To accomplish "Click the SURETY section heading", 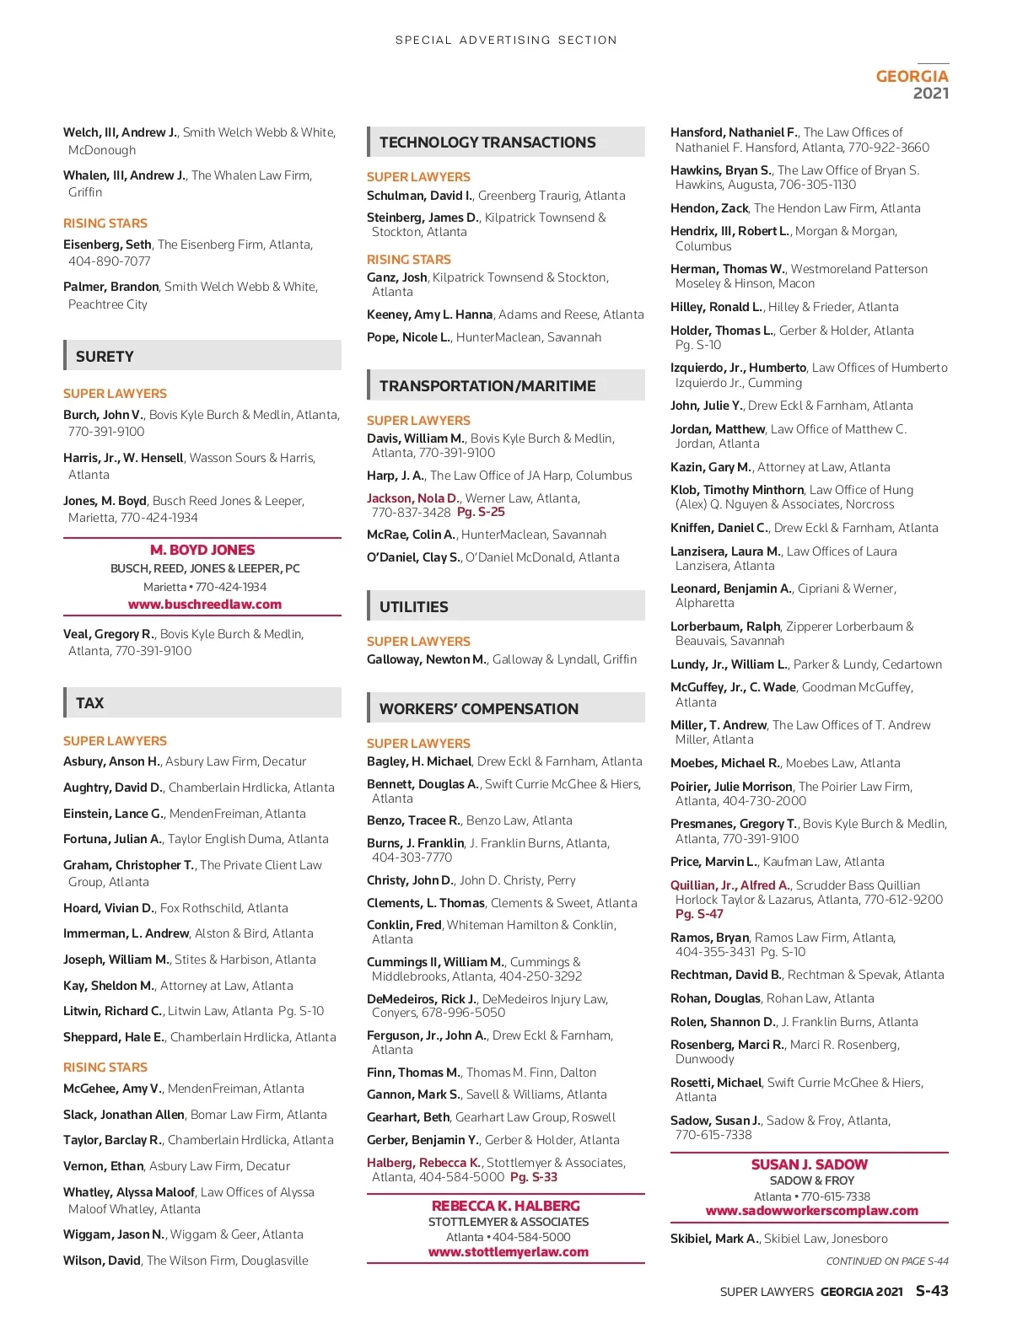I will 105,357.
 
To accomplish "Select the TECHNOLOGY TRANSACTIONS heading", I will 487,142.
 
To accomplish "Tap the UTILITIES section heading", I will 413,607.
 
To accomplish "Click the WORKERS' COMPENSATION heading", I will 478,709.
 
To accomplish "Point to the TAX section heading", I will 89,703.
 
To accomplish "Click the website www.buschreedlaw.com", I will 204,605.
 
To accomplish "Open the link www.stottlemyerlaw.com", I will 508,1252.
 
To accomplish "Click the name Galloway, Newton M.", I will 426,659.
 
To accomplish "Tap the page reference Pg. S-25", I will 481,512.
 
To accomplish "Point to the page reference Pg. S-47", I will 699,914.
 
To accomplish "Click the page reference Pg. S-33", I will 534,1177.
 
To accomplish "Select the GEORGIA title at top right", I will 912,76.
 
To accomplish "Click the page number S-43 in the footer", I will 932,1291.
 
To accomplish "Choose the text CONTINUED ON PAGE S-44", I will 887,1261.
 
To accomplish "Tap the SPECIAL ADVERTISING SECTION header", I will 506,40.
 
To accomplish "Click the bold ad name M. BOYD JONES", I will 202,550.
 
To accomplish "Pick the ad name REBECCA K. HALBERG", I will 506,1206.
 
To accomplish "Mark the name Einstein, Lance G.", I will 113,814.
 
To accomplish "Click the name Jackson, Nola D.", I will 412,498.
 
